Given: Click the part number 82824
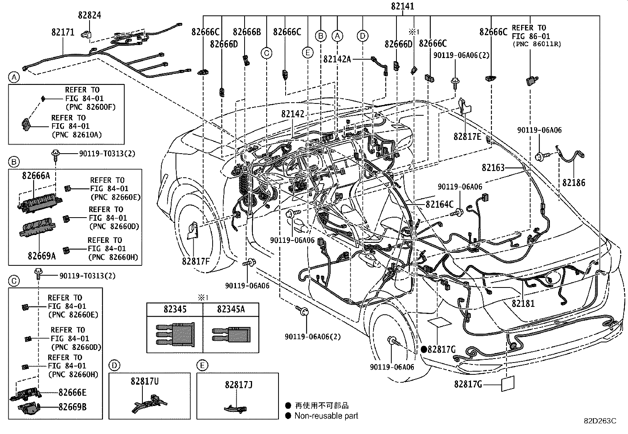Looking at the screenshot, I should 90,15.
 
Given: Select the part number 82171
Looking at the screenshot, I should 63,32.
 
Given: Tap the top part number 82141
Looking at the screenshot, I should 402,6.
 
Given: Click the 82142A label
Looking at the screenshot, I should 337,59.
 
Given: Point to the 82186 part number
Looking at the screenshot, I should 574,183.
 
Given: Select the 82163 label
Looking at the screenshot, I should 493,168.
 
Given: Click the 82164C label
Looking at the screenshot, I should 439,204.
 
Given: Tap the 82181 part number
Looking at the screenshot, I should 523,304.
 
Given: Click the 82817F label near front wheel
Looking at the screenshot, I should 196,261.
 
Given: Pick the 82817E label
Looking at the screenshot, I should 467,137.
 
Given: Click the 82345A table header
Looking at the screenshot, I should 231,309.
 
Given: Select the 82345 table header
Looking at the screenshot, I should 175,309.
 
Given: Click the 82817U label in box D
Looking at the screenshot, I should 145,381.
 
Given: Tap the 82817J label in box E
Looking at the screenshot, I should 239,384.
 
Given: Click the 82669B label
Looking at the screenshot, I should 73,407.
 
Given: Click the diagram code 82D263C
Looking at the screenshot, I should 600,421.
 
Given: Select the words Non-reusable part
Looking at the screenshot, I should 326,415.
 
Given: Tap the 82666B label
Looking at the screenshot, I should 247,32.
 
